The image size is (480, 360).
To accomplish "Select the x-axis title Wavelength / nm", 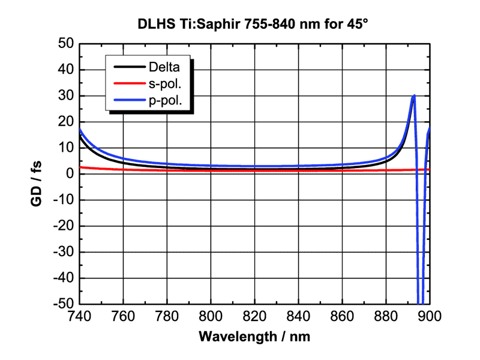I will point(254,335).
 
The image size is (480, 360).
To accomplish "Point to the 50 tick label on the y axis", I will point(66,44).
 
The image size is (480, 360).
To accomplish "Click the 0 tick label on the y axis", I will point(70,174).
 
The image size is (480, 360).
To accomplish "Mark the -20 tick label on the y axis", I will point(64,226).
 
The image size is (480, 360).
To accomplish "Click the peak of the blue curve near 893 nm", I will point(414,96).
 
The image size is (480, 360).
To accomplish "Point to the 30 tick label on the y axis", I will point(66,96).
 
